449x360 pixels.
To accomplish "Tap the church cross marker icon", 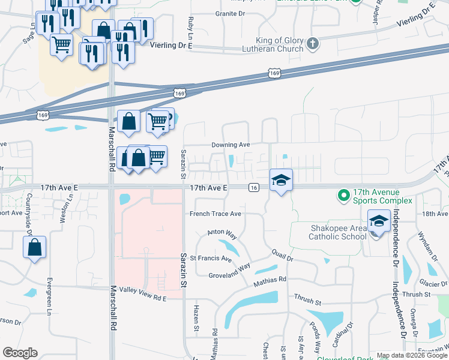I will (x=312, y=43).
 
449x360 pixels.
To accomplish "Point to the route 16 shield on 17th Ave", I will (x=254, y=188).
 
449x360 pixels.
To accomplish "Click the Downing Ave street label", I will (x=230, y=145).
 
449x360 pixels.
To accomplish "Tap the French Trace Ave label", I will (x=215, y=214).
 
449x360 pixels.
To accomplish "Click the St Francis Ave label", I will (x=211, y=259).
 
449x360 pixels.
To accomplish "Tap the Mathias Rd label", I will (x=270, y=280).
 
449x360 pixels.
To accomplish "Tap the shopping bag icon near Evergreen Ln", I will (x=35, y=247).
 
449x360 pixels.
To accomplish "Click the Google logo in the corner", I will (x=20, y=352).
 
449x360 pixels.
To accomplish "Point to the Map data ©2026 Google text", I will (x=411, y=355).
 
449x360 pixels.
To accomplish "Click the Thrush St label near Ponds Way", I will (x=308, y=297).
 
